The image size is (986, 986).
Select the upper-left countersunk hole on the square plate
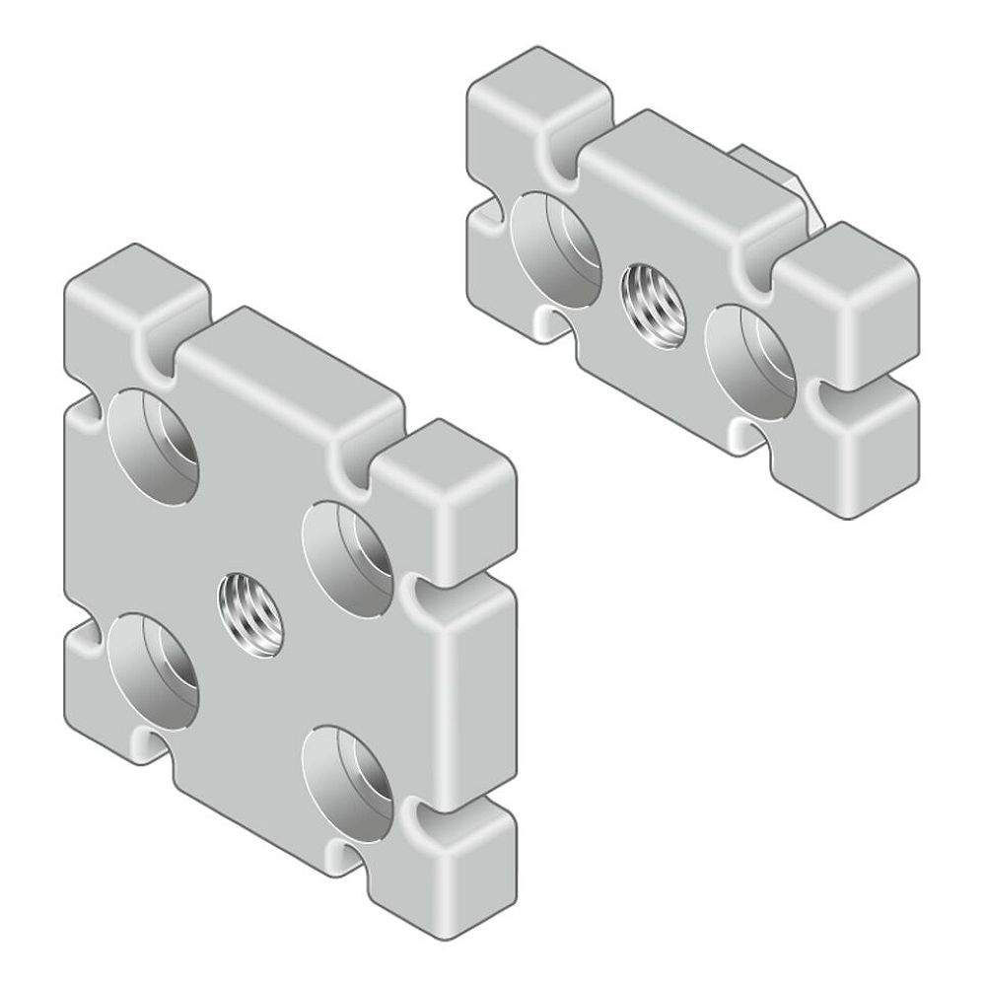coord(155,445)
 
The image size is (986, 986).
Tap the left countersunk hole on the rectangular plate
coord(555,246)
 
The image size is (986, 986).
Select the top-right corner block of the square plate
coord(449,472)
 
